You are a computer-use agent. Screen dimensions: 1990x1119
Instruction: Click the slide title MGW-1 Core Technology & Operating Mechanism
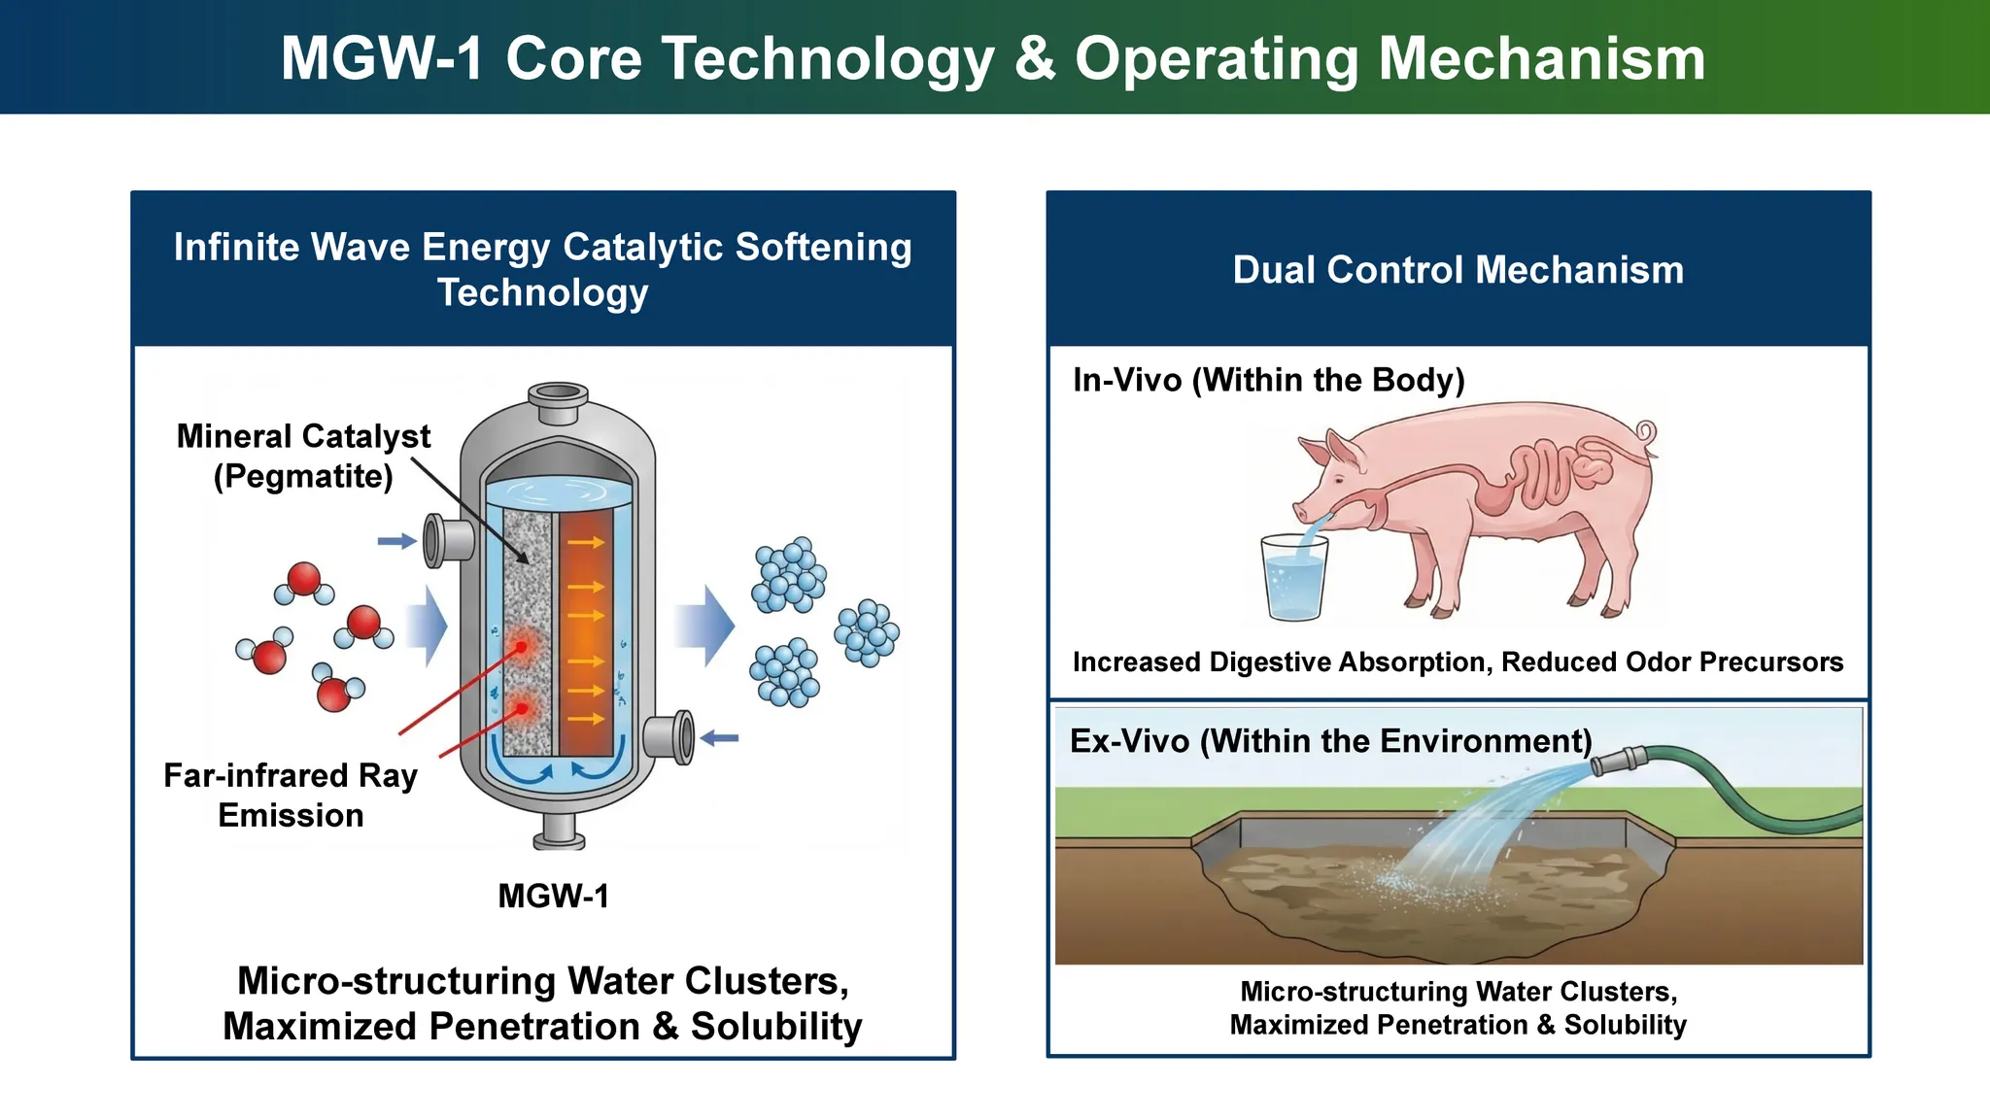(993, 58)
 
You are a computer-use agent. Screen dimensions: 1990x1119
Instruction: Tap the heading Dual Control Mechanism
(1458, 270)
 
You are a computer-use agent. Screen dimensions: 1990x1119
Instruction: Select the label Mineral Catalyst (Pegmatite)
(303, 457)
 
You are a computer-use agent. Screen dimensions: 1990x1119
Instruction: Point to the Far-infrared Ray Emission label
(291, 796)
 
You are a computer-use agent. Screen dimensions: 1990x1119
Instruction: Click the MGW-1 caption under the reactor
(553, 896)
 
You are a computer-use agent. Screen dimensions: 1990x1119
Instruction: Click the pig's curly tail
(1645, 433)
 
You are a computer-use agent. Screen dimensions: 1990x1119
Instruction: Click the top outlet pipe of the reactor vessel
(558, 401)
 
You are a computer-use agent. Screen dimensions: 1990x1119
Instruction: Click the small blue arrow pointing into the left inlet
(396, 541)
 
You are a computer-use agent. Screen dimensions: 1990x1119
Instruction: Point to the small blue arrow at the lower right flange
(720, 738)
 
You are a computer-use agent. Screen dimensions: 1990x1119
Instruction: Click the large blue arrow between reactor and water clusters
(705, 626)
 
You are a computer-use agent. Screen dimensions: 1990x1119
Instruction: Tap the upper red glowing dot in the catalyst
(522, 646)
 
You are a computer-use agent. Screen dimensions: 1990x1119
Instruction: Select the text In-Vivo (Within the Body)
(1268, 380)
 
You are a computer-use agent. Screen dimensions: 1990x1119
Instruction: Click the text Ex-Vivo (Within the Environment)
(1330, 741)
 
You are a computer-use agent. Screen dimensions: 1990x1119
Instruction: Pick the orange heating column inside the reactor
(585, 631)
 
